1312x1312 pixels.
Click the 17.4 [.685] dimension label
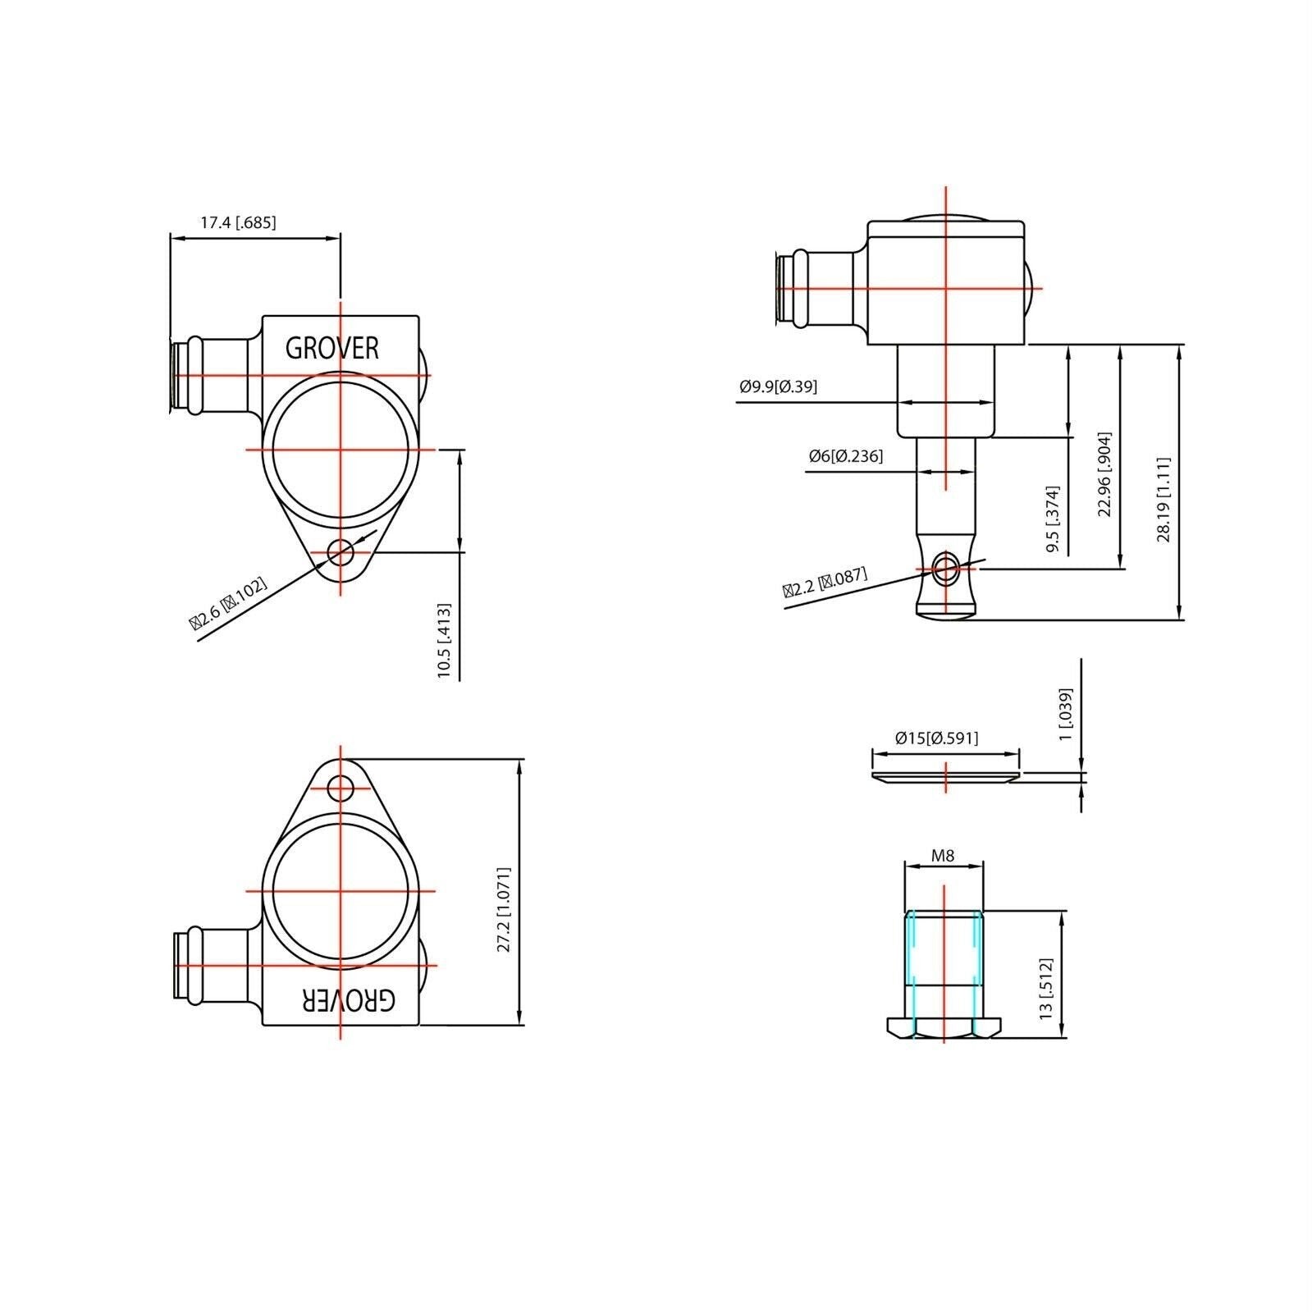pyautogui.click(x=238, y=222)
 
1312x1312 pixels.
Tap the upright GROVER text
pyautogui.click(x=332, y=349)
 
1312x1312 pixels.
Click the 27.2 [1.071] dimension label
pyautogui.click(x=504, y=909)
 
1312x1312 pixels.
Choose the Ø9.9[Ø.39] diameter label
pyautogui.click(x=778, y=386)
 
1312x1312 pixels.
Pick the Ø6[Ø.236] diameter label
pyautogui.click(x=845, y=456)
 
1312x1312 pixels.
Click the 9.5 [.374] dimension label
pyautogui.click(x=1054, y=519)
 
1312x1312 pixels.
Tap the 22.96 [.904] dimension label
pyautogui.click(x=1104, y=474)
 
